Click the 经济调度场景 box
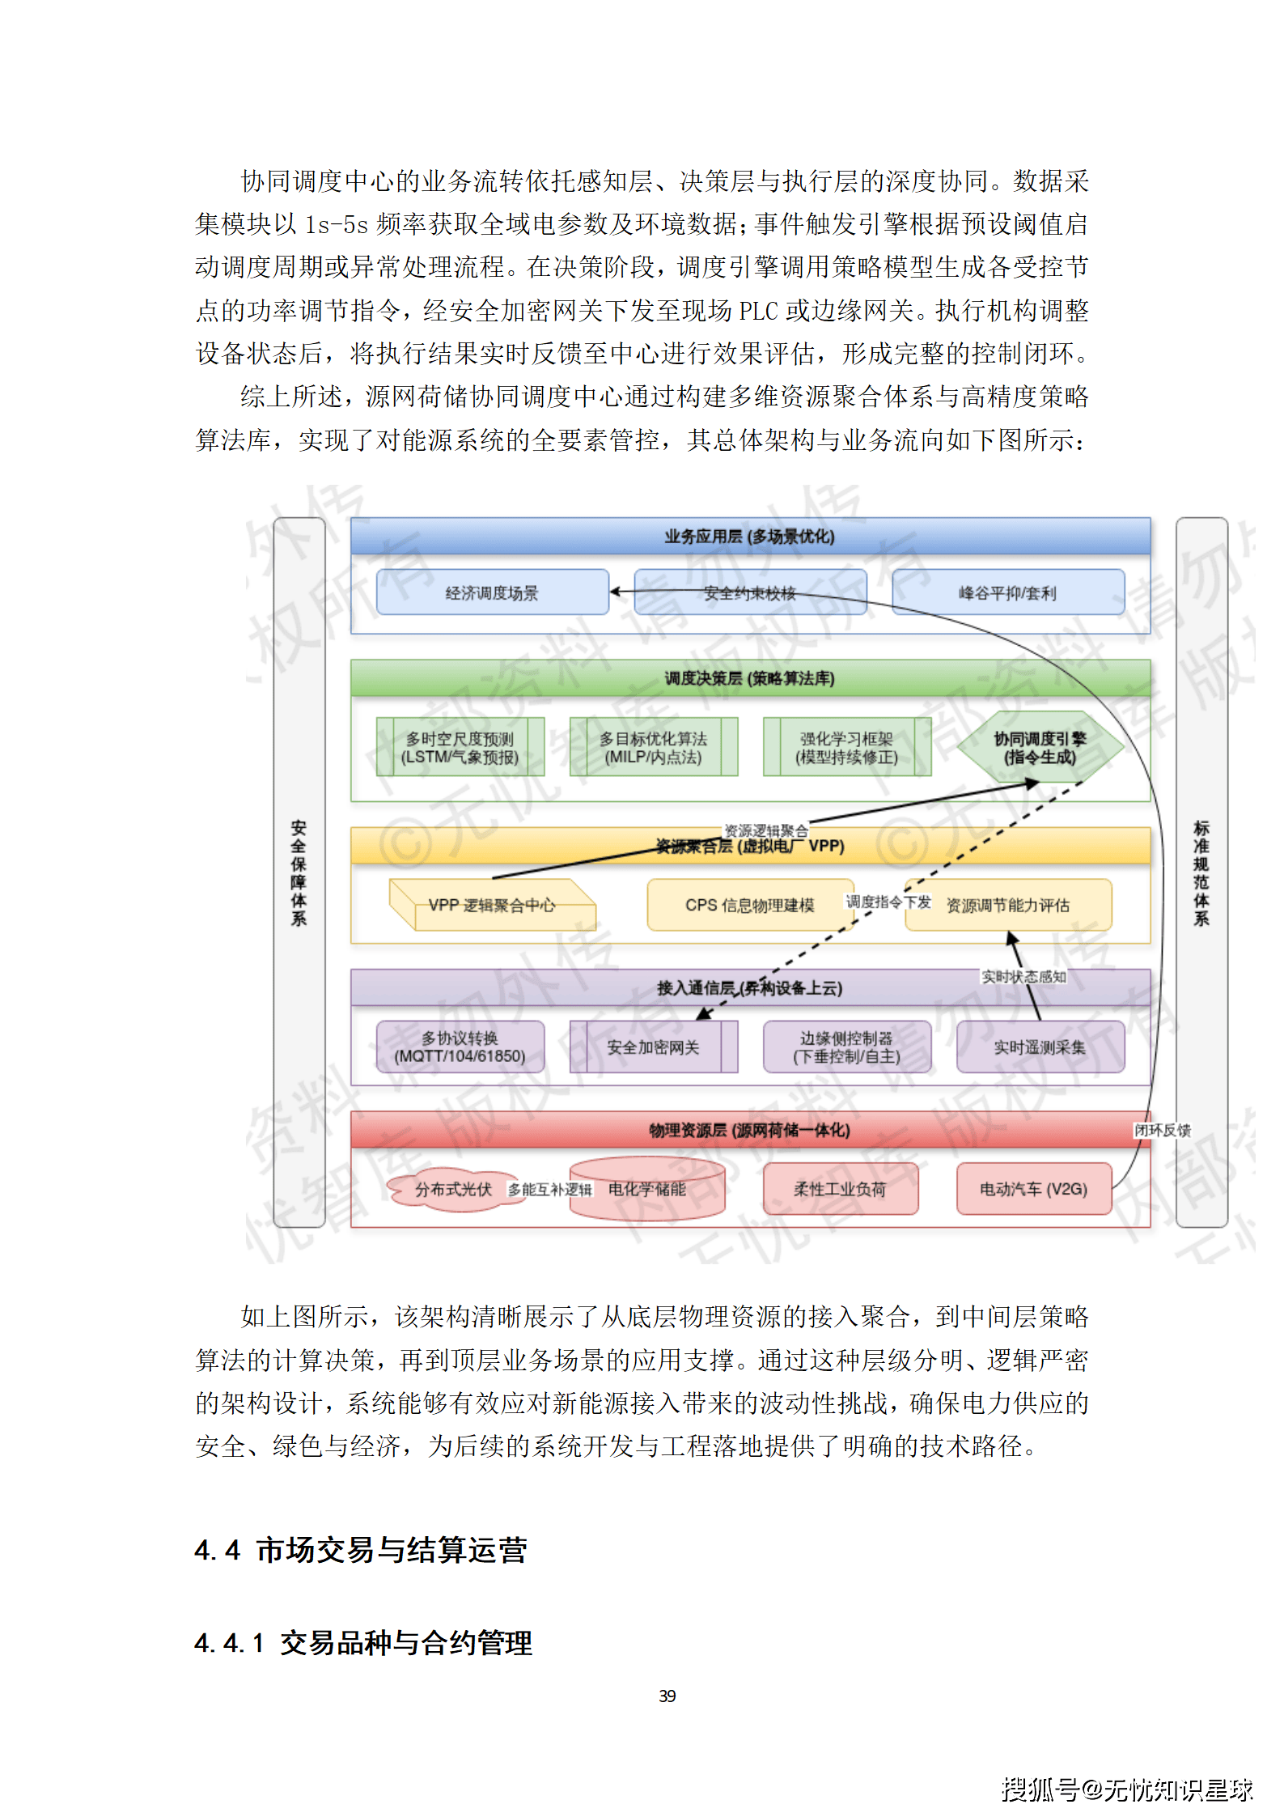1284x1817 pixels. (492, 592)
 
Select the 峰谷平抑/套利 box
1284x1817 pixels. (1007, 592)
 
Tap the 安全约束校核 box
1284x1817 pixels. (750, 592)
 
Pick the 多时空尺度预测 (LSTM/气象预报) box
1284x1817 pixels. (460, 747)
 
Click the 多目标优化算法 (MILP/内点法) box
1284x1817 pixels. (653, 747)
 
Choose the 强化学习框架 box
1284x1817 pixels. (846, 747)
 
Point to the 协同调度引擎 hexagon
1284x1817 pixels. (1040, 747)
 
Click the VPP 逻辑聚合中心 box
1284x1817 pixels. (492, 905)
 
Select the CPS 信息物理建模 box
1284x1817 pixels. (749, 905)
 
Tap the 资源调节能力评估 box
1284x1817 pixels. (1008, 905)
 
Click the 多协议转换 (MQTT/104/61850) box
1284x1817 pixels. (460, 1046)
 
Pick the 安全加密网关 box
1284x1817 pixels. (653, 1046)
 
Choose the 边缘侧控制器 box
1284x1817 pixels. (846, 1046)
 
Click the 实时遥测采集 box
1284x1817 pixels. (1040, 1046)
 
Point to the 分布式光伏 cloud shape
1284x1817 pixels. (453, 1189)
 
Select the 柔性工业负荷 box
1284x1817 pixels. (840, 1189)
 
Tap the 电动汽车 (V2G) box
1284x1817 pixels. (1033, 1189)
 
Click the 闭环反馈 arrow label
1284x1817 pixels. (1162, 1130)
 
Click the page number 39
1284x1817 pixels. (667, 1696)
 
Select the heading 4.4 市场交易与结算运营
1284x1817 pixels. (361, 1550)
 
